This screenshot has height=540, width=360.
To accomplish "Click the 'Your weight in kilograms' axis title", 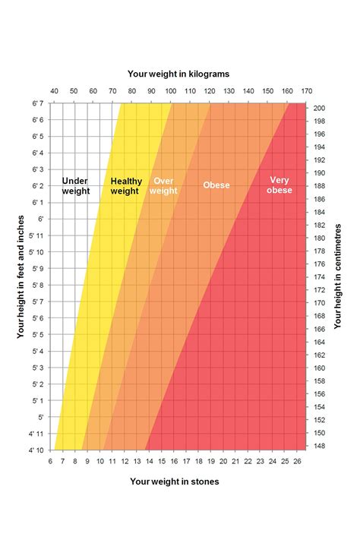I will click(x=178, y=74).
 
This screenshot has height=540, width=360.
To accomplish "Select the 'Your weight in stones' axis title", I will click(x=175, y=481).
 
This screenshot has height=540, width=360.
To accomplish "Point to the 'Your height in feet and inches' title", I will click(x=21, y=275).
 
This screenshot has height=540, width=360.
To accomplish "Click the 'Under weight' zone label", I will click(x=76, y=186).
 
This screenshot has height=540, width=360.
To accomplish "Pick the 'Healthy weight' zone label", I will click(x=125, y=186).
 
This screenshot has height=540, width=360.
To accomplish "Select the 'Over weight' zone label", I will click(x=163, y=186).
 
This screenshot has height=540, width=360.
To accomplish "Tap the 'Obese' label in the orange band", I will click(x=216, y=185).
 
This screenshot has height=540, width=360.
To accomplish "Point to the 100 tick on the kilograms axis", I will click(x=171, y=92).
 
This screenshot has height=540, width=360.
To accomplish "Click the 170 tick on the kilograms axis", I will click(x=307, y=92).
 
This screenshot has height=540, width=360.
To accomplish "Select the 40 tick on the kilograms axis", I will click(x=54, y=92).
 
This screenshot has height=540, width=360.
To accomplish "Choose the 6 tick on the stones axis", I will click(x=50, y=461).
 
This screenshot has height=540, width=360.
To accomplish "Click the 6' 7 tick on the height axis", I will click(x=37, y=103).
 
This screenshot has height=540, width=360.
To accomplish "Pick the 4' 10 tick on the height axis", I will click(x=36, y=450).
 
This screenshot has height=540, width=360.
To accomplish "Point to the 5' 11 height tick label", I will click(x=36, y=251).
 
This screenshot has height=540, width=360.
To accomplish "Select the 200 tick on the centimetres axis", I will click(x=320, y=109).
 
